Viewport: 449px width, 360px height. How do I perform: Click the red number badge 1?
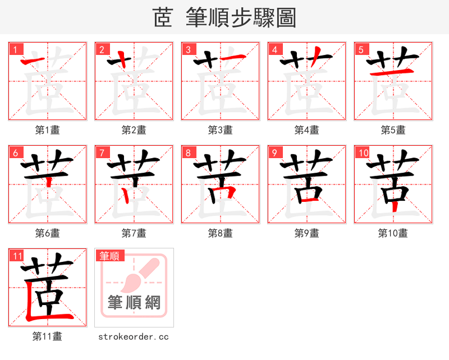pyautogui.click(x=15, y=49)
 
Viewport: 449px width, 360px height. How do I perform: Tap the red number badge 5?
pyautogui.click(x=361, y=49)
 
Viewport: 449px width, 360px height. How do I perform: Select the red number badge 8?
pyautogui.click(x=188, y=153)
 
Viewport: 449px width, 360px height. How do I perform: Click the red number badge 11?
pyautogui.click(x=17, y=256)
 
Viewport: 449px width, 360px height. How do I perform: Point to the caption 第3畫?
pyautogui.click(x=220, y=130)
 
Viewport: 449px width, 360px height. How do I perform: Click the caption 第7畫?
pyautogui.click(x=134, y=233)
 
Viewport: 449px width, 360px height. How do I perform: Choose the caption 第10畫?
pyautogui.click(x=393, y=233)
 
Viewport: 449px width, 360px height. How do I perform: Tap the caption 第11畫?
pyautogui.click(x=47, y=336)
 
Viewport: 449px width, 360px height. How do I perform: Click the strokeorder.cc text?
pyautogui.click(x=134, y=337)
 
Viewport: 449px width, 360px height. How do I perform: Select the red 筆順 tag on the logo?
pyautogui.click(x=111, y=256)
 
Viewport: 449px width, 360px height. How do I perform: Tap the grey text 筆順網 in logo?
pyautogui.click(x=134, y=303)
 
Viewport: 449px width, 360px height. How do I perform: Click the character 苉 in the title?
pyautogui.click(x=163, y=18)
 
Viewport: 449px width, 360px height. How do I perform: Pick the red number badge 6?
pyautogui.click(x=15, y=153)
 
